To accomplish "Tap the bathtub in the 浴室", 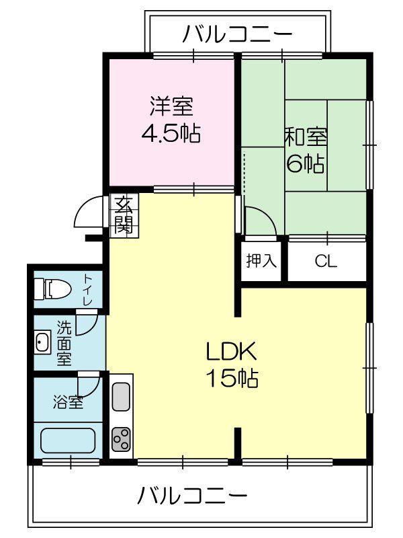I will tap(68, 440).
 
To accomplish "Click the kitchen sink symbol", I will tap(121, 396).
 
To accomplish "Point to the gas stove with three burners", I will tap(122, 440).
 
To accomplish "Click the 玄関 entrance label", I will tap(123, 215).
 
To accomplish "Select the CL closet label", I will tap(326, 262).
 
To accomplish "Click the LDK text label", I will tap(231, 351).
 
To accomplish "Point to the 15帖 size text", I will tap(231, 379).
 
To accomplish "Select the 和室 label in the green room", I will tap(306, 136).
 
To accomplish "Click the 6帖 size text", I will tap(306, 163).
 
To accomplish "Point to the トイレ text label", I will tap(87, 290).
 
